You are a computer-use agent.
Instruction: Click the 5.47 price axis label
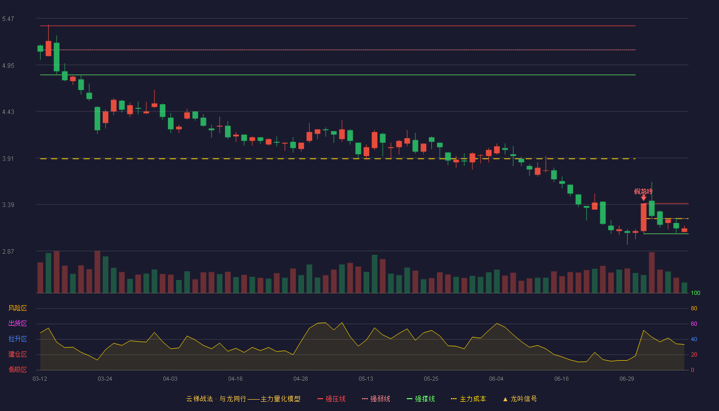(8, 19)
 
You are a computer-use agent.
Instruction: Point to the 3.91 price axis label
(8, 159)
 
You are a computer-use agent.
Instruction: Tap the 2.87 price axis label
(8, 252)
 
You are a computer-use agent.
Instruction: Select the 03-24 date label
(105, 379)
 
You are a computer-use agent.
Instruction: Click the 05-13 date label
(366, 379)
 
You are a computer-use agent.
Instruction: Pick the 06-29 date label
(627, 379)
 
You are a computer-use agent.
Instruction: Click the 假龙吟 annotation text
(643, 192)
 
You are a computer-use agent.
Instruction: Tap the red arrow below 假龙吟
(644, 198)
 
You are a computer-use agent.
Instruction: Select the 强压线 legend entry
(332, 399)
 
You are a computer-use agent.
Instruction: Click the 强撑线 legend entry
(421, 399)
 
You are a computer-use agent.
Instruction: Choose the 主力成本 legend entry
(468, 399)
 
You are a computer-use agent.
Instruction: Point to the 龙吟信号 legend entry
(520, 399)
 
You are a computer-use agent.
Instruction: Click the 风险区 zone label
(17, 308)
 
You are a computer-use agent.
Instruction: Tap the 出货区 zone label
(17, 323)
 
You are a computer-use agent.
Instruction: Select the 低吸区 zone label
(17, 369)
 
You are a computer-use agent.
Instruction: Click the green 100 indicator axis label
(695, 293)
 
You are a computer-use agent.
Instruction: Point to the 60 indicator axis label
(694, 324)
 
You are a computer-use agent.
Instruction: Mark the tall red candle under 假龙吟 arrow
(644, 217)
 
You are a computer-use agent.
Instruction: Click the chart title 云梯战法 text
(199, 399)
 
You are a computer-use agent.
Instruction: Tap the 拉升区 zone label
(17, 339)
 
